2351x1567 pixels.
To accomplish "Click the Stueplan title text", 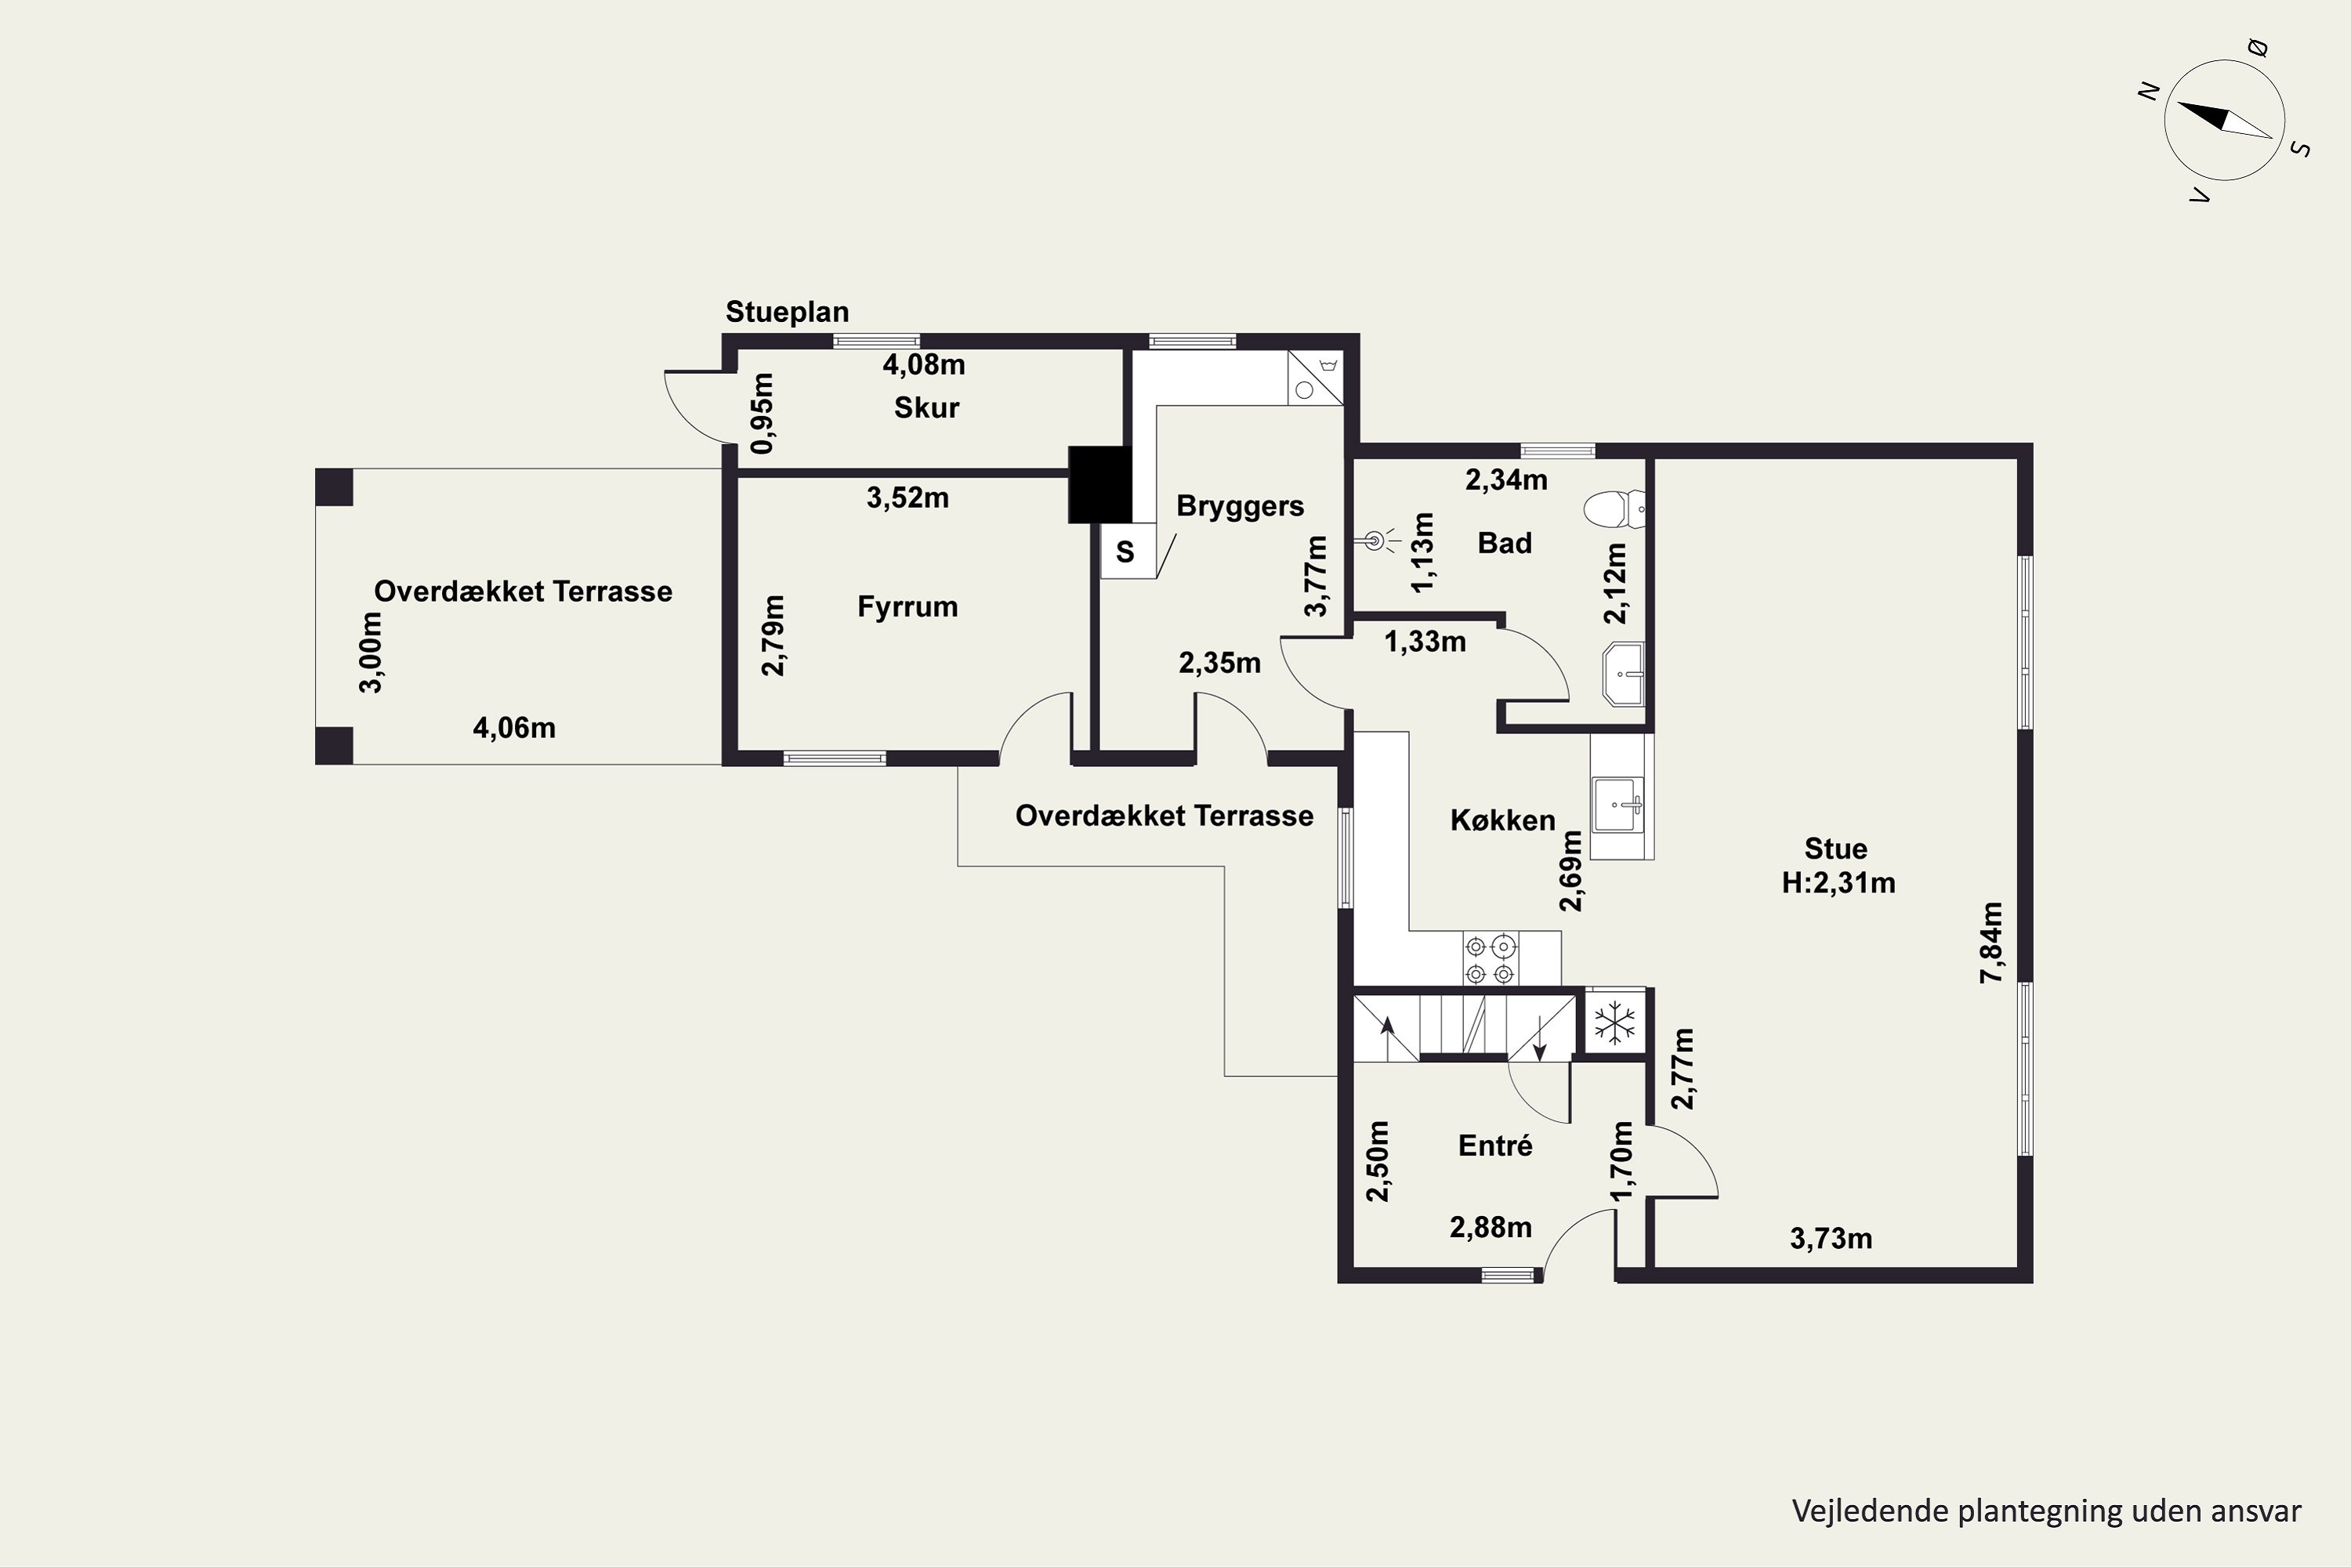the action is (x=787, y=312).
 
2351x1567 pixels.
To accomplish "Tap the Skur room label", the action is (x=926, y=407).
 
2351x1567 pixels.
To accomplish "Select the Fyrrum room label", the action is (x=907, y=606).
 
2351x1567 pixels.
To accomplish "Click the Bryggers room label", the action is (x=1240, y=505).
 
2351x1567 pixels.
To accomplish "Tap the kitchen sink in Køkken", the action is (x=1618, y=805).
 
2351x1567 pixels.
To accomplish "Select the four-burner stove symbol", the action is (x=1490, y=958).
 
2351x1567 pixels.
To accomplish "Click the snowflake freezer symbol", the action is (x=1614, y=1022).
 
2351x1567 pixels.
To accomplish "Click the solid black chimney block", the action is (x=1099, y=483).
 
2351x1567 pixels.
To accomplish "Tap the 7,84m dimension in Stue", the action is (x=1992, y=943).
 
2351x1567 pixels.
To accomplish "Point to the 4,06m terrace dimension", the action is (x=514, y=728).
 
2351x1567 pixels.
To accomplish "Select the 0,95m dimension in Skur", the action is (x=762, y=413).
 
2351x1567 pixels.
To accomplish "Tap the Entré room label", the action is (x=1495, y=1145).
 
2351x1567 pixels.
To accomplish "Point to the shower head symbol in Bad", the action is (x=1378, y=541).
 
